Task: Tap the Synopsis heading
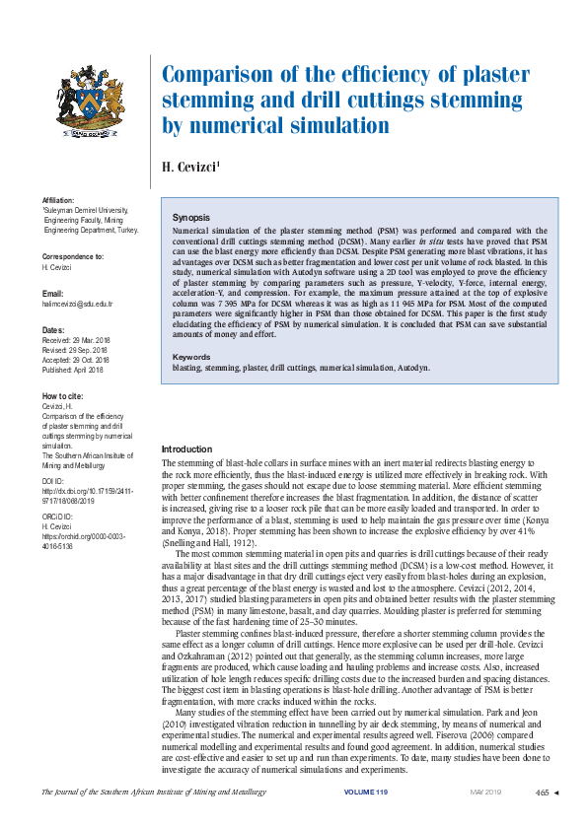click(190, 216)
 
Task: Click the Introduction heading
click(186, 449)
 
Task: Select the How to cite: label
click(62, 394)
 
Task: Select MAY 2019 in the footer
click(485, 792)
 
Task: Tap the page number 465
click(542, 792)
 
